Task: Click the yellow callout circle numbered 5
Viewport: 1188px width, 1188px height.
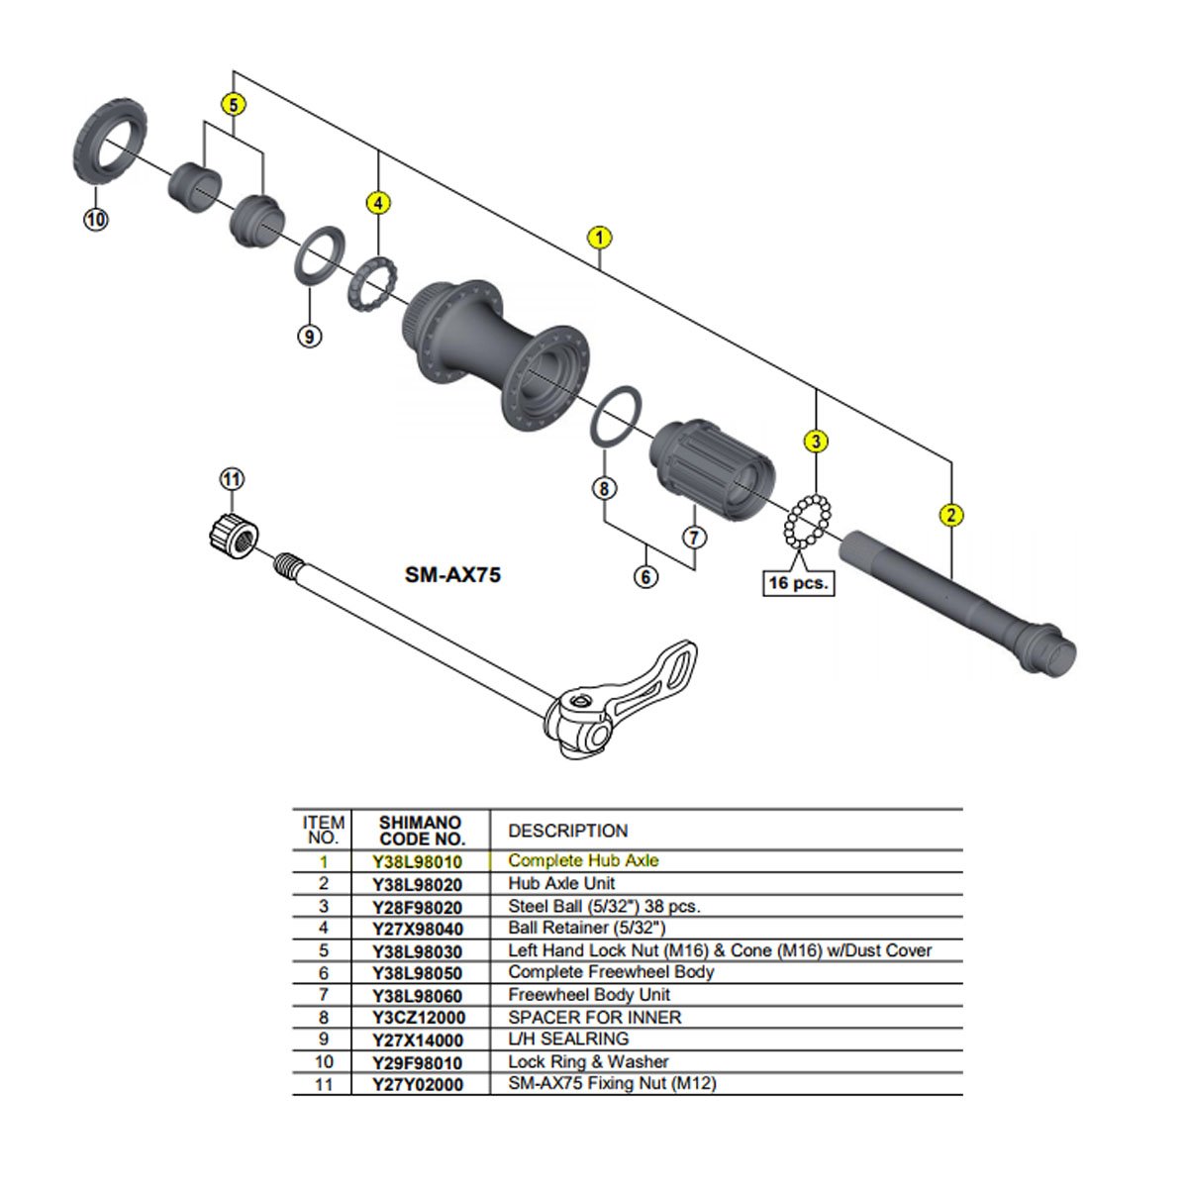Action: tap(233, 104)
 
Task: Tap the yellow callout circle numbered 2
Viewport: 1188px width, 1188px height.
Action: tap(950, 514)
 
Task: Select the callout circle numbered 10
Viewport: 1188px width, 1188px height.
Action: tap(95, 220)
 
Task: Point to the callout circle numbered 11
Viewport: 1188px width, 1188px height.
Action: tap(231, 480)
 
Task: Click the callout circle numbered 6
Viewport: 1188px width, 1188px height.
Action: tap(645, 575)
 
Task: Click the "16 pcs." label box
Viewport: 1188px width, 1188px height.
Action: tap(797, 583)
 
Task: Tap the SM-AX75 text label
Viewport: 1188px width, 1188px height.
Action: tap(452, 574)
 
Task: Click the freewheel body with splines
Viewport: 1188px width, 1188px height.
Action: tap(711, 466)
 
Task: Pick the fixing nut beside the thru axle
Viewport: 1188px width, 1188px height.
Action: tap(234, 537)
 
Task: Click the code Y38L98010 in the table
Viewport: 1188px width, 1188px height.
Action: tap(417, 861)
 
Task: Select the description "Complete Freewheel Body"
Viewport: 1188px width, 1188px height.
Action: tap(611, 972)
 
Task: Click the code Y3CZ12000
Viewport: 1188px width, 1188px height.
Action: tap(417, 1018)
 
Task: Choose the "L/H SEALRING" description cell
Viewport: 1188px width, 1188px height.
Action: tap(568, 1039)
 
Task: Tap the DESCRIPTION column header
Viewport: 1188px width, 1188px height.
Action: tap(567, 831)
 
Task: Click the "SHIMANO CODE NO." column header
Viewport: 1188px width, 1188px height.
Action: tap(421, 831)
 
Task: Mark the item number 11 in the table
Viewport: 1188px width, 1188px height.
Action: tap(324, 1084)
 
